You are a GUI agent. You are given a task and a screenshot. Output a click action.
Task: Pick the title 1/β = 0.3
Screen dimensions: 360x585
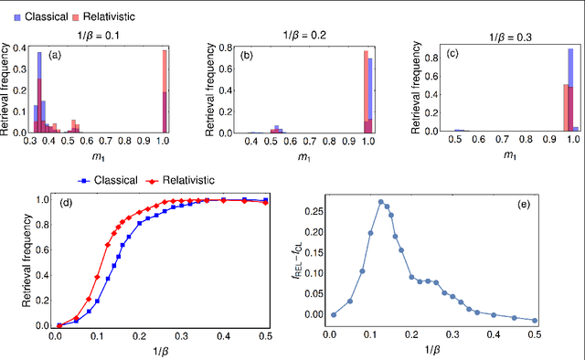[509, 38]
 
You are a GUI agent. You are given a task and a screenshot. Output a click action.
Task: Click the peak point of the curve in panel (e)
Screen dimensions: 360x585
[381, 201]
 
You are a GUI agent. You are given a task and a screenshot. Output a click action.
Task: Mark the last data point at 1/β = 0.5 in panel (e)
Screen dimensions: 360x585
[536, 321]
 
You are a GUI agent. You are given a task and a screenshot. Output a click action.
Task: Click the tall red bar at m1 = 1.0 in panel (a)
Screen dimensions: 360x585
[165, 91]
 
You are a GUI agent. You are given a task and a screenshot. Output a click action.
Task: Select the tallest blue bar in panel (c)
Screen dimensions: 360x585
[570, 91]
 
